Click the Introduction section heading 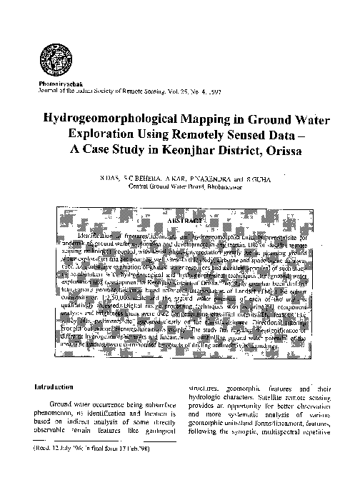(54, 386)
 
